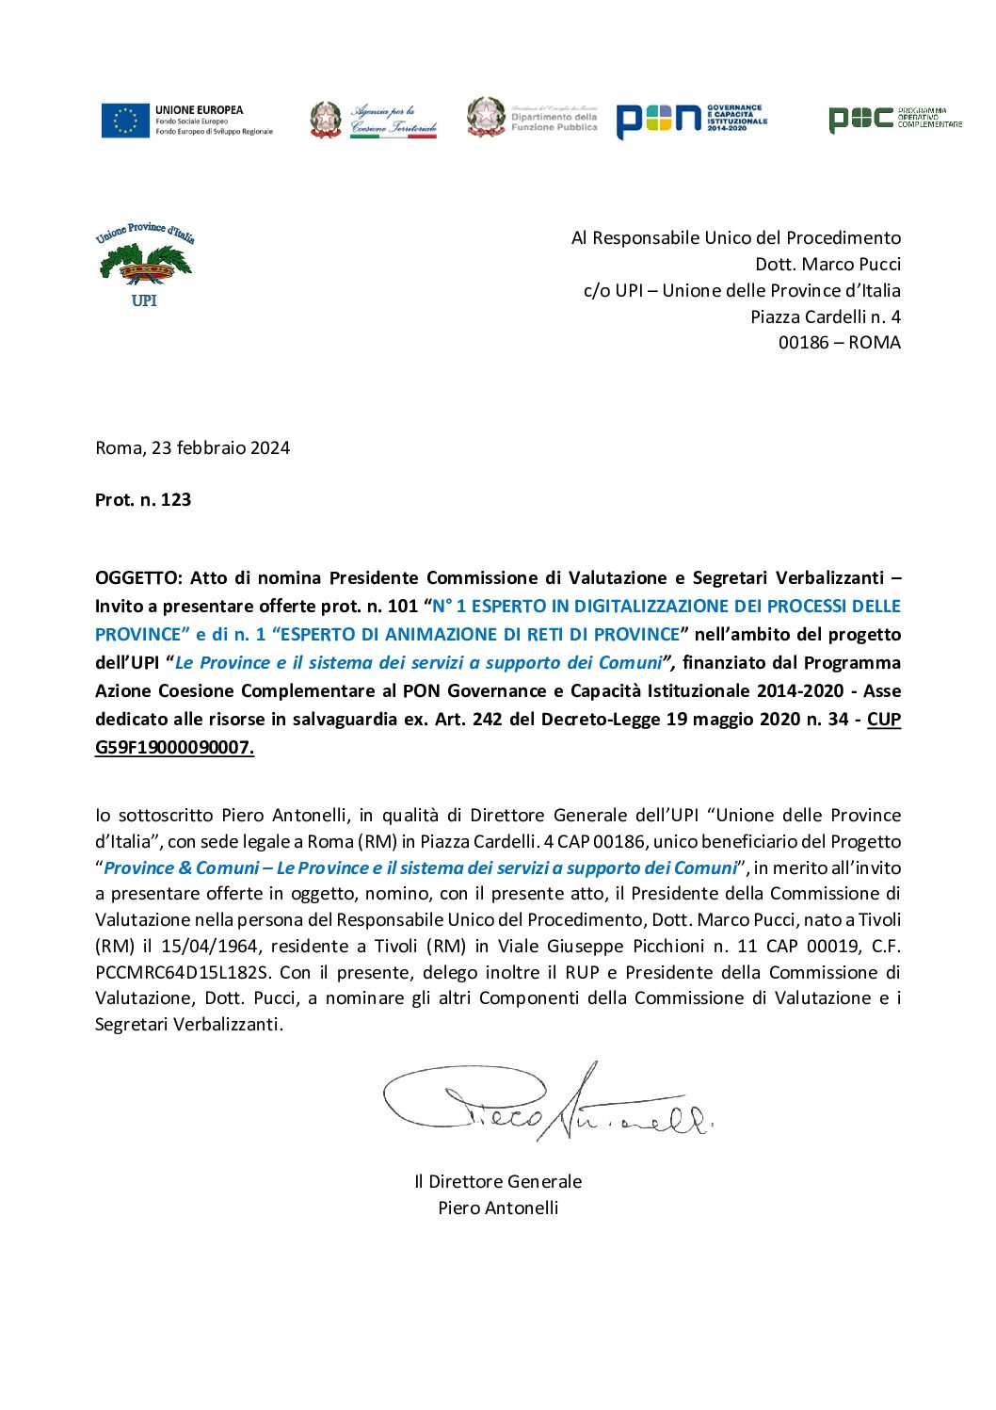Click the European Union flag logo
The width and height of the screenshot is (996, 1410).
coord(126,121)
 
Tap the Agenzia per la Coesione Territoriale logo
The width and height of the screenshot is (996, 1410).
coord(374,121)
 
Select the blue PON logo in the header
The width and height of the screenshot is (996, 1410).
coord(659,120)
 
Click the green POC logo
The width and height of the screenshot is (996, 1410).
coord(860,119)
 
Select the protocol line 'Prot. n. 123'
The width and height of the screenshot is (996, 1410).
coord(143,500)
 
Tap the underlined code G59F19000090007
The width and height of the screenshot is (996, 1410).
coord(174,748)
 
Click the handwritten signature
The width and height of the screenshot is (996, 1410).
coord(546,1103)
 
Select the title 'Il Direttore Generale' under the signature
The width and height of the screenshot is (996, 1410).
coord(498,1182)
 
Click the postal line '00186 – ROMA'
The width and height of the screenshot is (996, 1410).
coord(839,343)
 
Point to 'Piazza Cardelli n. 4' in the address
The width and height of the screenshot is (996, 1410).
coord(825,316)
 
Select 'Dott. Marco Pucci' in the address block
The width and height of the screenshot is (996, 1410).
coord(827,264)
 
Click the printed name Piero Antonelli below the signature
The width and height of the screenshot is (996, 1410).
coord(498,1208)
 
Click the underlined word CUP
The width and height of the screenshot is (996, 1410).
coord(883,720)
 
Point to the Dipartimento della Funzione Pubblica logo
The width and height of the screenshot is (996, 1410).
coord(532,119)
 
